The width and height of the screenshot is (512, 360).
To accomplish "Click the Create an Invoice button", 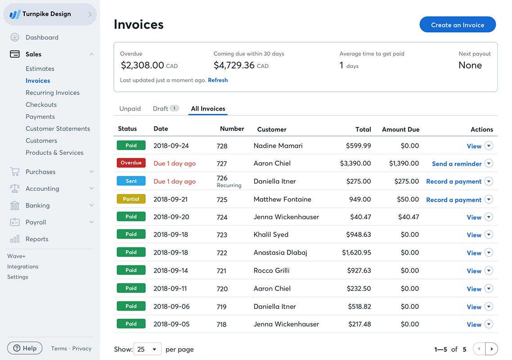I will pyautogui.click(x=458, y=25).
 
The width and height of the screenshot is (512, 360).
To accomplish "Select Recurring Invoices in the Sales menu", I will pyautogui.click(x=53, y=93).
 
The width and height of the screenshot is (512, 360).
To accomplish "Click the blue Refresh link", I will pyautogui.click(x=218, y=80).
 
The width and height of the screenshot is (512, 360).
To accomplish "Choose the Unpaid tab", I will pyautogui.click(x=130, y=108).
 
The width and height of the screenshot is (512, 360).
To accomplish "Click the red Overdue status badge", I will pyautogui.click(x=131, y=163).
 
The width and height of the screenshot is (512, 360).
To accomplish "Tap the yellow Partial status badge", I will pyautogui.click(x=131, y=199).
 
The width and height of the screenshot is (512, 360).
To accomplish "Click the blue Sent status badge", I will pyautogui.click(x=131, y=181).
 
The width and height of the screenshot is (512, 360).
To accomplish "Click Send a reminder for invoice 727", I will pyautogui.click(x=457, y=164).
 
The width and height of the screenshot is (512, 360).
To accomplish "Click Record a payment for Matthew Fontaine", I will pyautogui.click(x=454, y=200).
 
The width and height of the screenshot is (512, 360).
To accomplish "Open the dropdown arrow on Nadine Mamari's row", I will pyautogui.click(x=489, y=146).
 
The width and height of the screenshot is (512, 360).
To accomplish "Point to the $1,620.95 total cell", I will pyautogui.click(x=356, y=252).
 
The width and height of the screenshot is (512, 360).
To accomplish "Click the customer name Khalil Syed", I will pyautogui.click(x=271, y=234).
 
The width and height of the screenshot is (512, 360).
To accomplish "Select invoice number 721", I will pyautogui.click(x=222, y=271).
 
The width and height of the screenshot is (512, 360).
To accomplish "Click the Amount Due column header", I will pyautogui.click(x=400, y=129).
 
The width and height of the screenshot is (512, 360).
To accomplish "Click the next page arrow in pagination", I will pyautogui.click(x=492, y=349).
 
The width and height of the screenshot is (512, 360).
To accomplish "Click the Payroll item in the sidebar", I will pyautogui.click(x=36, y=222).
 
